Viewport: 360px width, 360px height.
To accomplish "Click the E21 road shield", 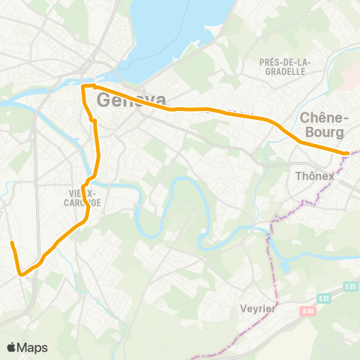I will [322, 298].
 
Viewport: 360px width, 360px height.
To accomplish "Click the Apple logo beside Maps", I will [12, 347].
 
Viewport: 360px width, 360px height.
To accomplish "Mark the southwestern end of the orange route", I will [12, 243].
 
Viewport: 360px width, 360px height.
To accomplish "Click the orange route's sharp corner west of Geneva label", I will [82, 87].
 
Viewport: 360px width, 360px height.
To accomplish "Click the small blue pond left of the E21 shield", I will [284, 267].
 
